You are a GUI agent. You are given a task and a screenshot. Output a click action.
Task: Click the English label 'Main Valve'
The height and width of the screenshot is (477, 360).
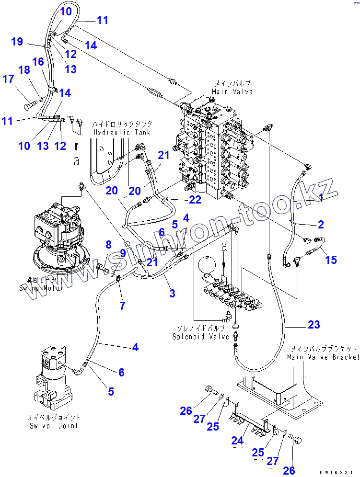(232, 91)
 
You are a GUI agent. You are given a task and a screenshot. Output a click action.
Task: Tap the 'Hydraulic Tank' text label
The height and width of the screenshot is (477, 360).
(122, 132)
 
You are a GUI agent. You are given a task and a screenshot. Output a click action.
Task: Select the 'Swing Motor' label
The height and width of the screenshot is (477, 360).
(38, 288)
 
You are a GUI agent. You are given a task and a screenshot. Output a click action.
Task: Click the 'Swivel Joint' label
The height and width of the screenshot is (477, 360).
(54, 425)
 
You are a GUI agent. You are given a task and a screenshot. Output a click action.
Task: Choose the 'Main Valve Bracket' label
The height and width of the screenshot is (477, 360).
(323, 357)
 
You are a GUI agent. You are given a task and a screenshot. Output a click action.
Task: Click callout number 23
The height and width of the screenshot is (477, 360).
(314, 325)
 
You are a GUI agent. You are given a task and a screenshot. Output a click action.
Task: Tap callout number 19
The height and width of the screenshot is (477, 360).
(17, 42)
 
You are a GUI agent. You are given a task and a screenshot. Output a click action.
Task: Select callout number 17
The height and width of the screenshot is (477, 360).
(9, 79)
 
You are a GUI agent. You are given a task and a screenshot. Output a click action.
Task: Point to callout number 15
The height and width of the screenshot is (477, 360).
(331, 260)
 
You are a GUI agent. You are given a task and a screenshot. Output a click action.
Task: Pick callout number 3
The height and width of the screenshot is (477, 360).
(172, 294)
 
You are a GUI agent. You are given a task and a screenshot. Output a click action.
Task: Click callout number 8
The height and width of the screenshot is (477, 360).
(109, 245)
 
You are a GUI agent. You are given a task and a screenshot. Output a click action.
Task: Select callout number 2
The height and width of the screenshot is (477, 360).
(321, 224)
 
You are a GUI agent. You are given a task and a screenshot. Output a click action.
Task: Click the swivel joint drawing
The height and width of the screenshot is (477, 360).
(53, 374)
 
